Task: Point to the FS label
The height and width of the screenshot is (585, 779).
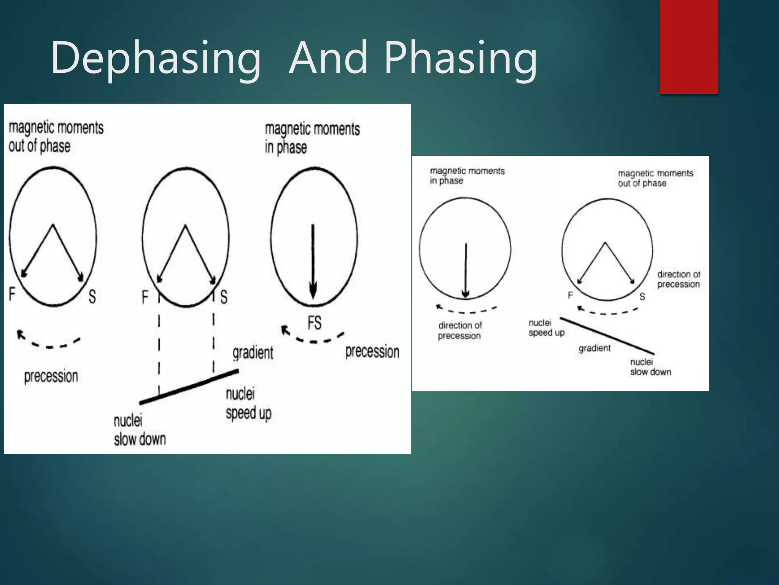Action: tap(315, 323)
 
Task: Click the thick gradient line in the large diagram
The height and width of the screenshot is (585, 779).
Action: tap(189, 386)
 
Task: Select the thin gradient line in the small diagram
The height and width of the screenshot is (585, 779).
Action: tap(607, 335)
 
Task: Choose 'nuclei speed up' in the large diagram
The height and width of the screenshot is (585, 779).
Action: tap(248, 404)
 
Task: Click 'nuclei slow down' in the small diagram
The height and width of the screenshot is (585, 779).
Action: tap(650, 367)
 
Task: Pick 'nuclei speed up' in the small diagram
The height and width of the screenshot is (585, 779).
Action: tap(546, 328)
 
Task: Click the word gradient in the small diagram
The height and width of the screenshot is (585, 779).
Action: tap(595, 348)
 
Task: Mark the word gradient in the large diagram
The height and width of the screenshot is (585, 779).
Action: tap(253, 353)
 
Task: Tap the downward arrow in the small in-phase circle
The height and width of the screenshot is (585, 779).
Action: tap(466, 270)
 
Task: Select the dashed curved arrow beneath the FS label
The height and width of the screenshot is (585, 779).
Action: tap(313, 335)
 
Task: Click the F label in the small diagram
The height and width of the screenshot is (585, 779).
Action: tap(570, 295)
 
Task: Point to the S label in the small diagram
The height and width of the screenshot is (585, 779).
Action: tap(642, 296)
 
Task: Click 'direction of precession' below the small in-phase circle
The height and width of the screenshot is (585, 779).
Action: tap(459, 331)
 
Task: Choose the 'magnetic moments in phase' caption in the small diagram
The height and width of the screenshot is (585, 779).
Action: tap(467, 176)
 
